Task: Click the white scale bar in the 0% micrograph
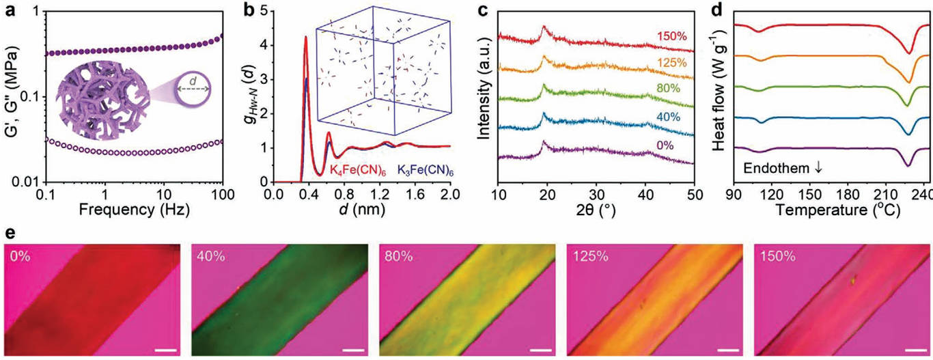(x=165, y=351)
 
